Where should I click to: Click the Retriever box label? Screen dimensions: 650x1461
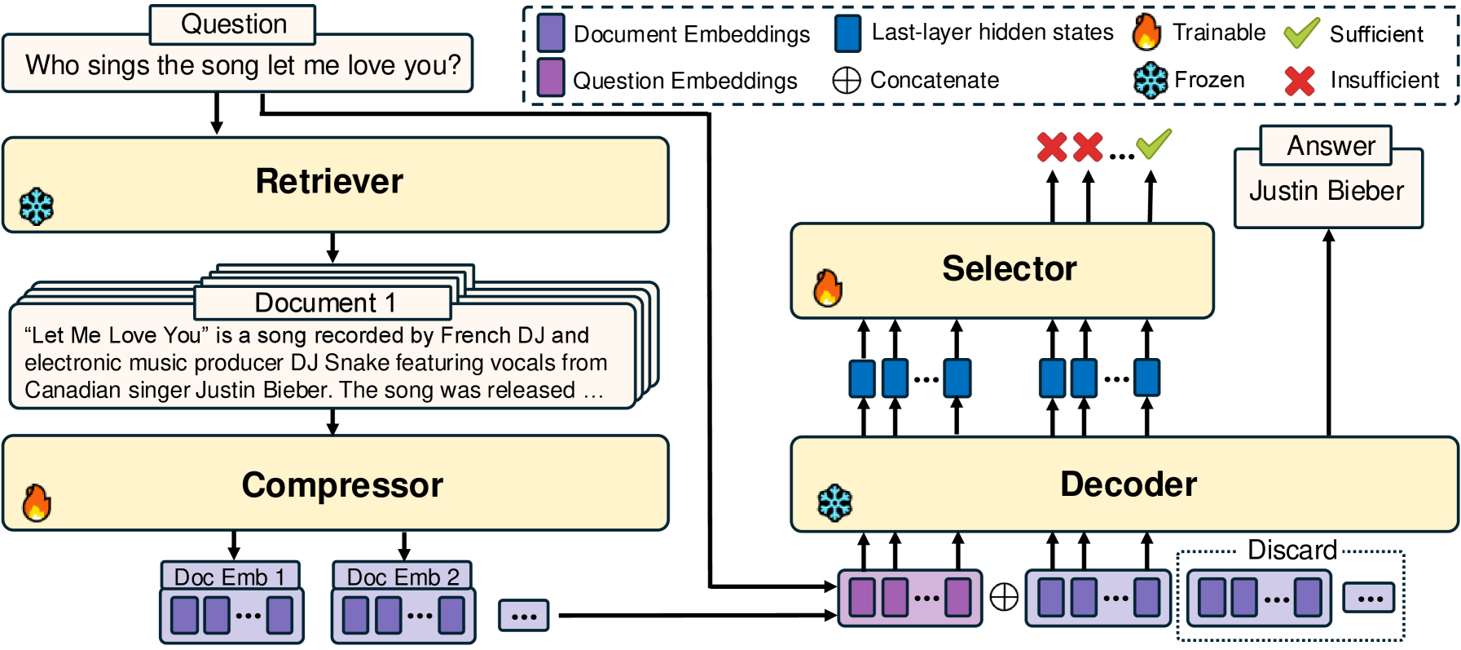click(329, 181)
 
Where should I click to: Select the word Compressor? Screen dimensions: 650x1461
click(342, 485)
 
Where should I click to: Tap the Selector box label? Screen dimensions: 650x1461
click(1009, 268)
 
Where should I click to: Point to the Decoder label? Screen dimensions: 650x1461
click(1129, 484)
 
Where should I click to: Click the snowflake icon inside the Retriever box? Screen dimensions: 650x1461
click(37, 206)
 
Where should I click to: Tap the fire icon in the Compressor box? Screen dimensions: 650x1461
click(37, 502)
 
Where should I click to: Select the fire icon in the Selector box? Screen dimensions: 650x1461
click(828, 288)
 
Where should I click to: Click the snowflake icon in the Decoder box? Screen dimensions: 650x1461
click(834, 502)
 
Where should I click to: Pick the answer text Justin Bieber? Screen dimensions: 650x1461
click(1327, 191)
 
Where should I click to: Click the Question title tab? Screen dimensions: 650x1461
click(233, 24)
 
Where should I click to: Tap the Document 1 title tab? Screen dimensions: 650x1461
click(324, 303)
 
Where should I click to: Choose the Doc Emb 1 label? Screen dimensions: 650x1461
click(230, 577)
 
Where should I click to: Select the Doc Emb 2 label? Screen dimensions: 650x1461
click(403, 577)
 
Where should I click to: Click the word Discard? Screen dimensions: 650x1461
click(1292, 550)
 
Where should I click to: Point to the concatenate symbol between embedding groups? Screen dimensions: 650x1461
click(1004, 597)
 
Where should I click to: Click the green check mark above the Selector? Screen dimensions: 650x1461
click(1154, 144)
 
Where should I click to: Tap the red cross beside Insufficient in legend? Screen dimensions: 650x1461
click(1300, 80)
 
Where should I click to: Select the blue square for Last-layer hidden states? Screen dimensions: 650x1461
click(848, 33)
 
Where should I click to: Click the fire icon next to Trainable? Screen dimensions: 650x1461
click(1146, 32)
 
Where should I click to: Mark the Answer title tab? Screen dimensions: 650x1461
click(1331, 146)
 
